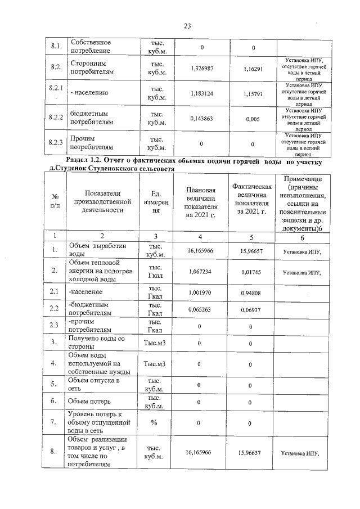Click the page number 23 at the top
187,25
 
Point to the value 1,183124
201,93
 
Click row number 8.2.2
56,117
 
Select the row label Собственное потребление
90,47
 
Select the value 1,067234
201,272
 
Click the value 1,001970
201,292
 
